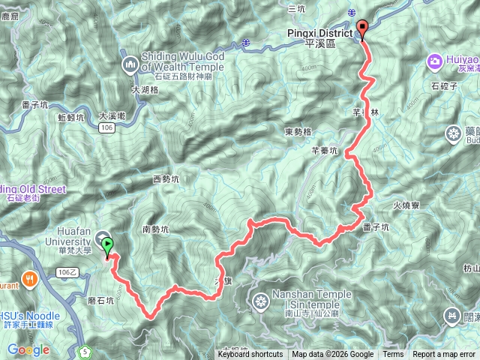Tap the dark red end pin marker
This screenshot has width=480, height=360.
click(363, 29)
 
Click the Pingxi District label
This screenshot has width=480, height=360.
click(329, 34)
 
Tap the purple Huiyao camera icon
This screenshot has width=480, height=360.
click(434, 60)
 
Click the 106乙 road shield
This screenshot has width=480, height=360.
click(66, 272)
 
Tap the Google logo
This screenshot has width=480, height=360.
click(28, 350)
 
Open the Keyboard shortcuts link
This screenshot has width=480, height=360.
click(250, 355)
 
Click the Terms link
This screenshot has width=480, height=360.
click(393, 355)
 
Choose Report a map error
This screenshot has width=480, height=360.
click(444, 355)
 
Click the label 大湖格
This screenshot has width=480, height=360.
click(145, 90)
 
